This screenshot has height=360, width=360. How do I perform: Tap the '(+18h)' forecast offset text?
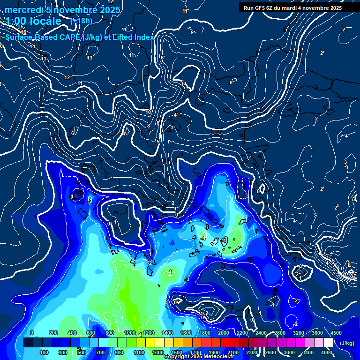[x=81, y=21]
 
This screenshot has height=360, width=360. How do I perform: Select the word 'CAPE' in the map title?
[x=68, y=37]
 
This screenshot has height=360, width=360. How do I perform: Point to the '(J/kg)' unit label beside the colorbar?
[x=346, y=344]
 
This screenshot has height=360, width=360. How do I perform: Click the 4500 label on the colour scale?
[x=336, y=333]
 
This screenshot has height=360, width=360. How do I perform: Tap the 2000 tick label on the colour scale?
[x=224, y=333]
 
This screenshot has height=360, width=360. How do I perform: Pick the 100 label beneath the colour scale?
[x=44, y=352]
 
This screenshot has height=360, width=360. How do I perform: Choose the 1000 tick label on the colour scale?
[x=129, y=333]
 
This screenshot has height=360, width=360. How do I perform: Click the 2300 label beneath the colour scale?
[x=252, y=352]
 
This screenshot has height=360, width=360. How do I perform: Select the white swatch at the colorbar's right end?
[x=328, y=343]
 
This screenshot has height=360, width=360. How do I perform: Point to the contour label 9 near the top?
[x=192, y=32]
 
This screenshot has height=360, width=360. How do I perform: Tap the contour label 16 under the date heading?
[x=23, y=32]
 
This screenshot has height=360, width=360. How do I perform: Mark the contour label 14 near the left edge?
[x=32, y=46]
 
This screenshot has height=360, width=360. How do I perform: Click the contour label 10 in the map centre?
[x=148, y=112]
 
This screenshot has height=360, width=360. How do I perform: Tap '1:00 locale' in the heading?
[x=33, y=21]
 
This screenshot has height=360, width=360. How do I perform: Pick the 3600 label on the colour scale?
[x=317, y=333]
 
